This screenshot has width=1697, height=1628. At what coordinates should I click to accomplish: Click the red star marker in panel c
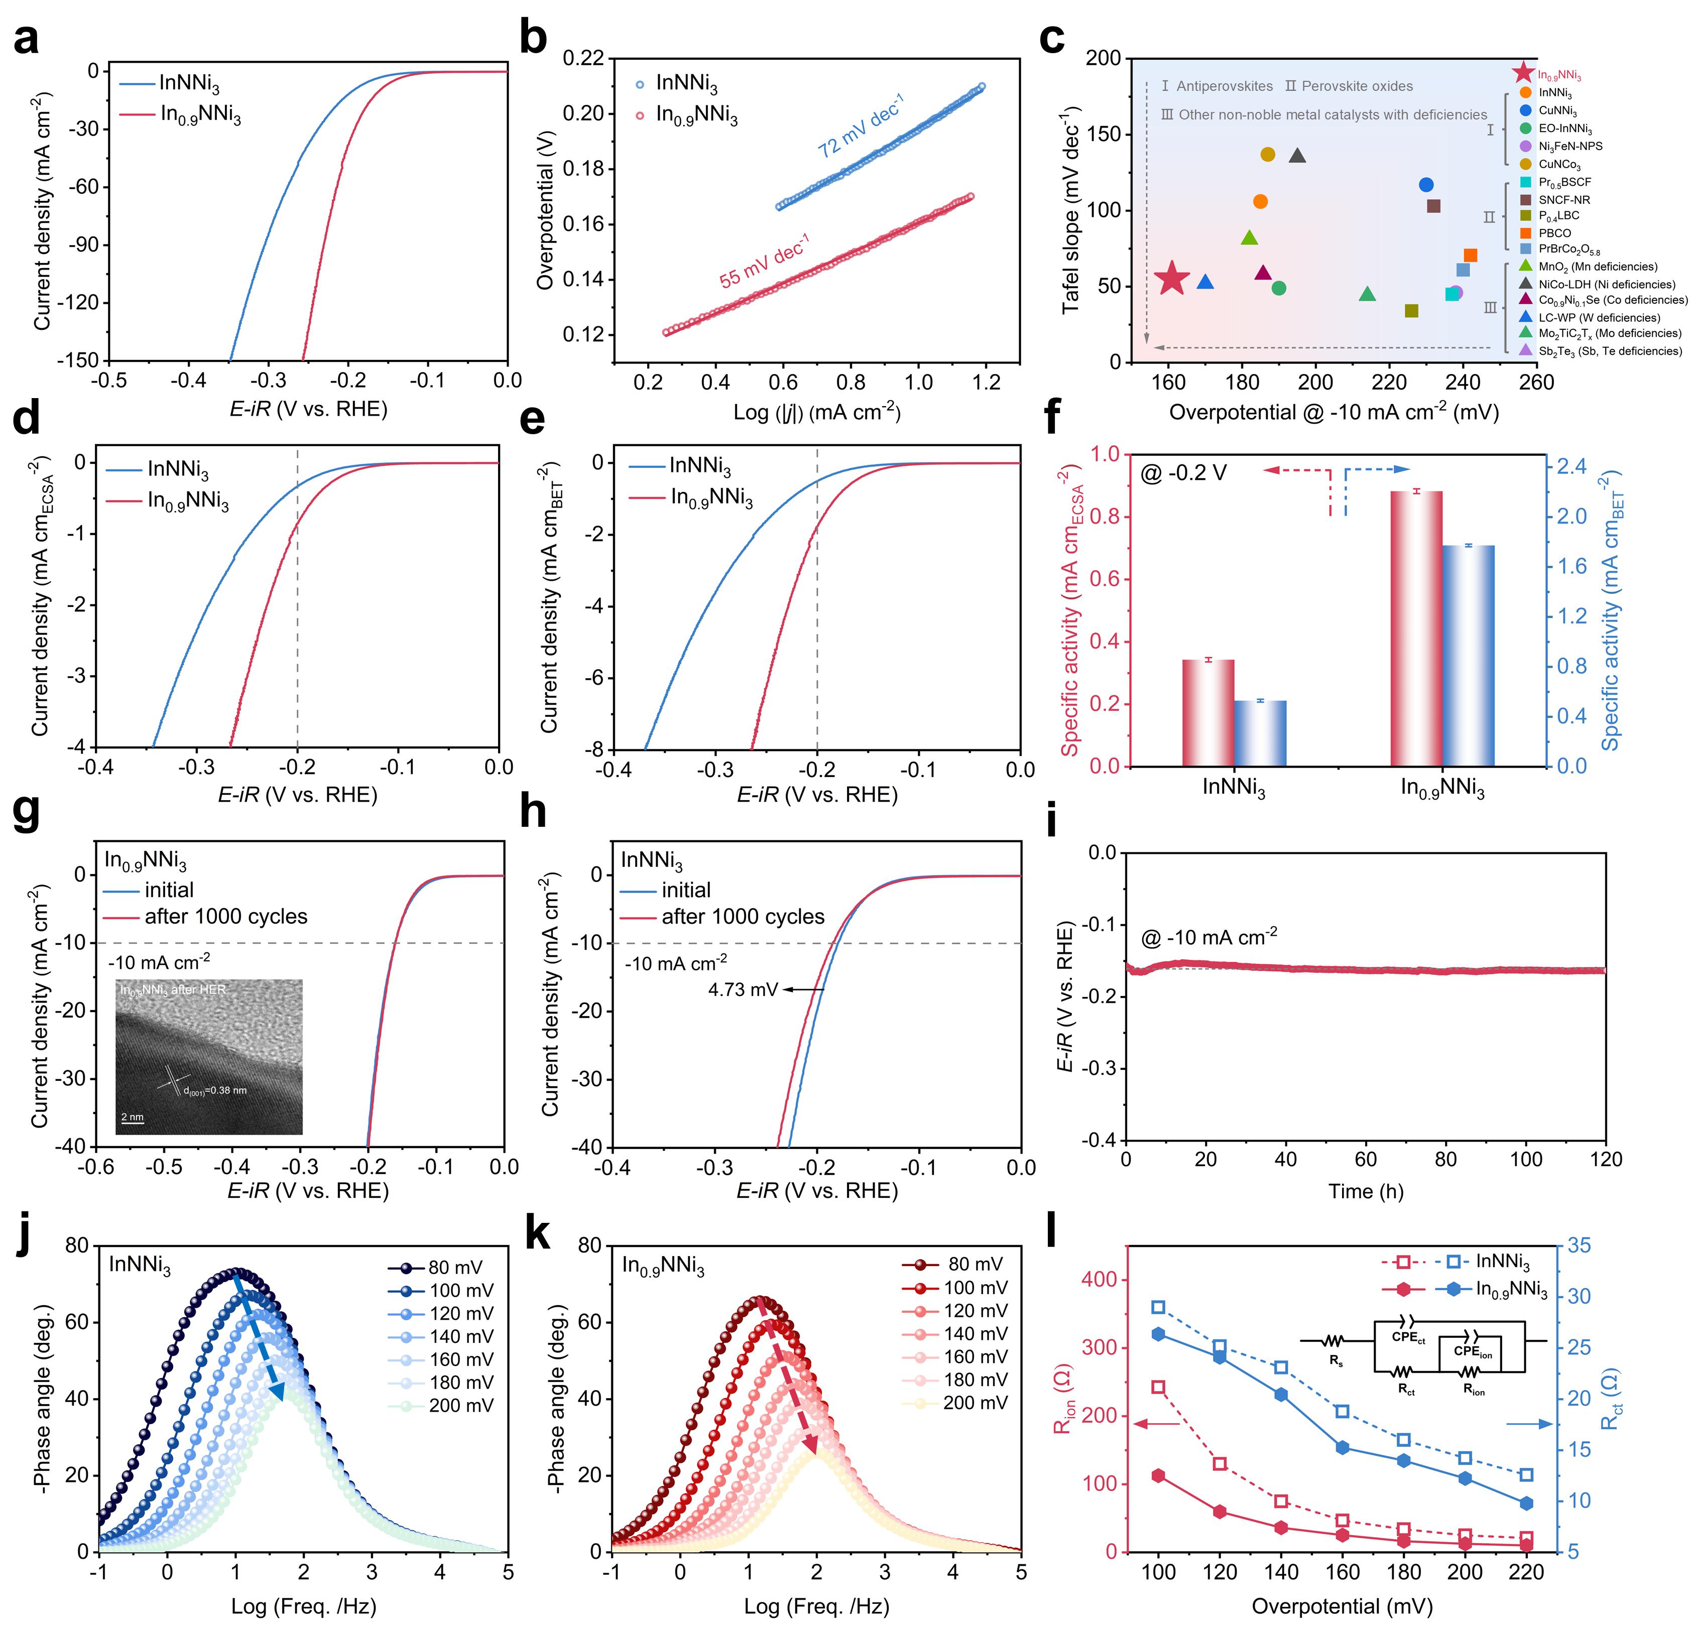[1172, 278]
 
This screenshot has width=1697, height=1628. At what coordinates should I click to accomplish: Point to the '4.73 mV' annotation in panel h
[743, 989]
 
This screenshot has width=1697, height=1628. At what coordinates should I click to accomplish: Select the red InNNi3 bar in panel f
[1208, 712]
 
